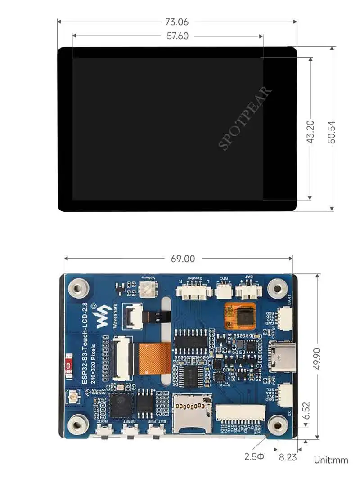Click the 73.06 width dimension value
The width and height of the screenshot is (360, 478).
[x=177, y=22]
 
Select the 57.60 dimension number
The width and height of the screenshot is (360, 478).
[x=177, y=36]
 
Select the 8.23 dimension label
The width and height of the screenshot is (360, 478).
[x=288, y=457]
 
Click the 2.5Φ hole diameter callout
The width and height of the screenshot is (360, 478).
[x=255, y=457]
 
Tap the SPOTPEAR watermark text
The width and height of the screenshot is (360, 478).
[x=245, y=118]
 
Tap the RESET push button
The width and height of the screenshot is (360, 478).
[x=131, y=433]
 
